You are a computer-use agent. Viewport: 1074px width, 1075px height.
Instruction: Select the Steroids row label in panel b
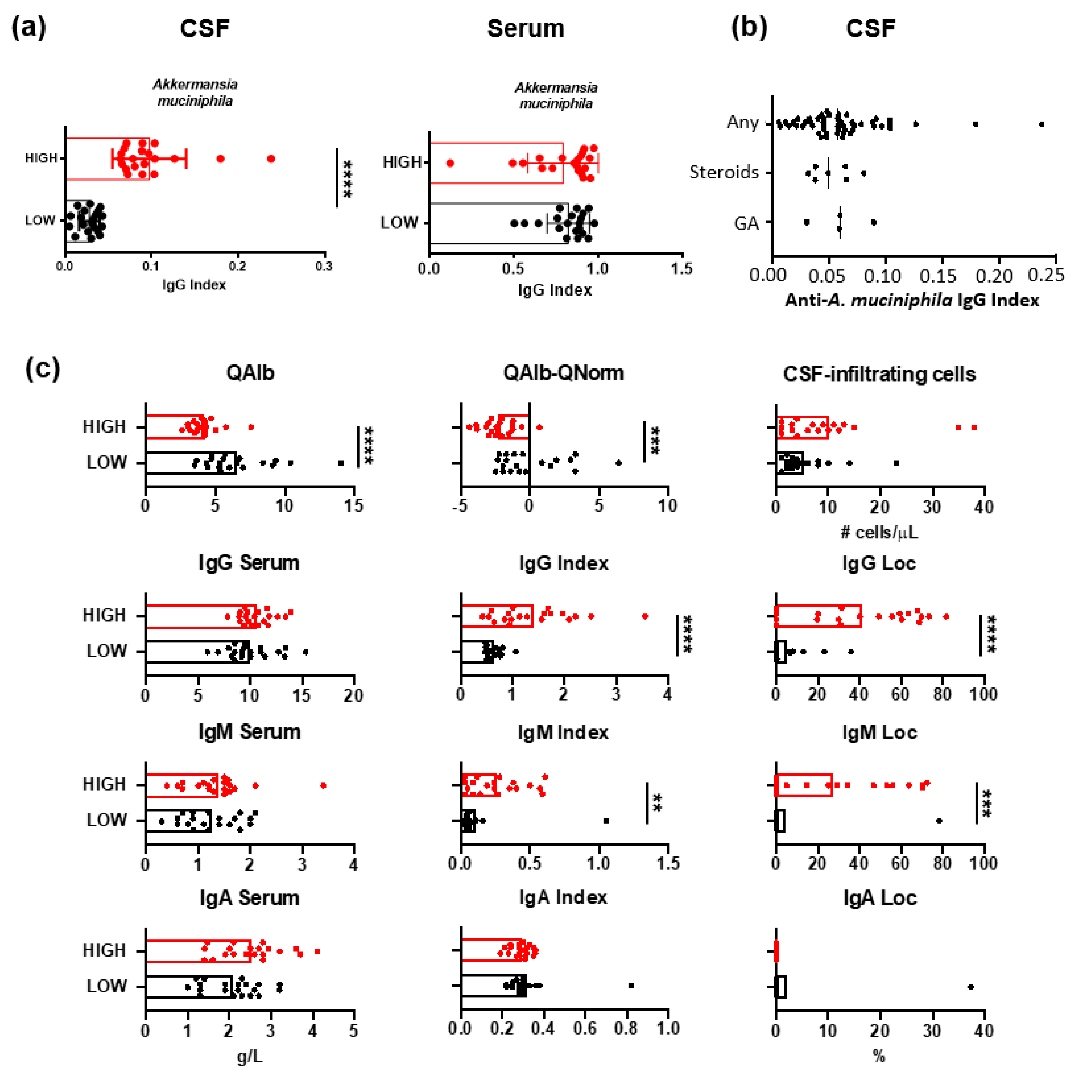[723, 172]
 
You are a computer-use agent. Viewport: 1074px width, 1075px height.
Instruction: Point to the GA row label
[746, 223]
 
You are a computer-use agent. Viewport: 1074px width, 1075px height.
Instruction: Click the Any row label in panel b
[742, 122]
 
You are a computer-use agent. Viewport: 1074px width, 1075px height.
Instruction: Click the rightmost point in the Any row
[1041, 124]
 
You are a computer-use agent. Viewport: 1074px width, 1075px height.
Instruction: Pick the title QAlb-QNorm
[563, 373]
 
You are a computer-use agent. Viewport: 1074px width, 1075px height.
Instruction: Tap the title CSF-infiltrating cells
[879, 374]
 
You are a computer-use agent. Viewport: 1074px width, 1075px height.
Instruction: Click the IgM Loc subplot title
[879, 732]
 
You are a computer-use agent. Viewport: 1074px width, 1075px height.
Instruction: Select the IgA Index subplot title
[563, 897]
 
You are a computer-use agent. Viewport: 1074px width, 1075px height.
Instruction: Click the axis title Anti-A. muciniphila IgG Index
[912, 300]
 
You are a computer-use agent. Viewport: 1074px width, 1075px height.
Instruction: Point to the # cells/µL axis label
[879, 533]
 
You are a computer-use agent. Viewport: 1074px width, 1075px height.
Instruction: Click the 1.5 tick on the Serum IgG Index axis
[681, 269]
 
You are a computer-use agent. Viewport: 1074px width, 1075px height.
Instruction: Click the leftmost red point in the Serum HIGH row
[450, 163]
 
